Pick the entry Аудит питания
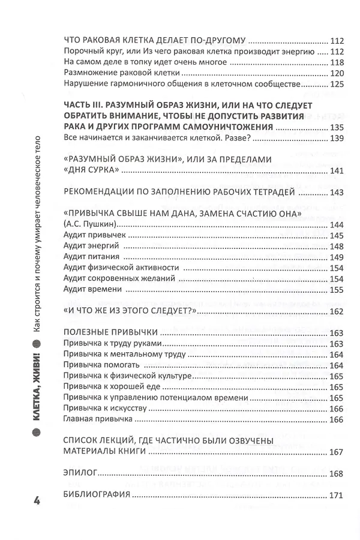[x=91, y=258]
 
